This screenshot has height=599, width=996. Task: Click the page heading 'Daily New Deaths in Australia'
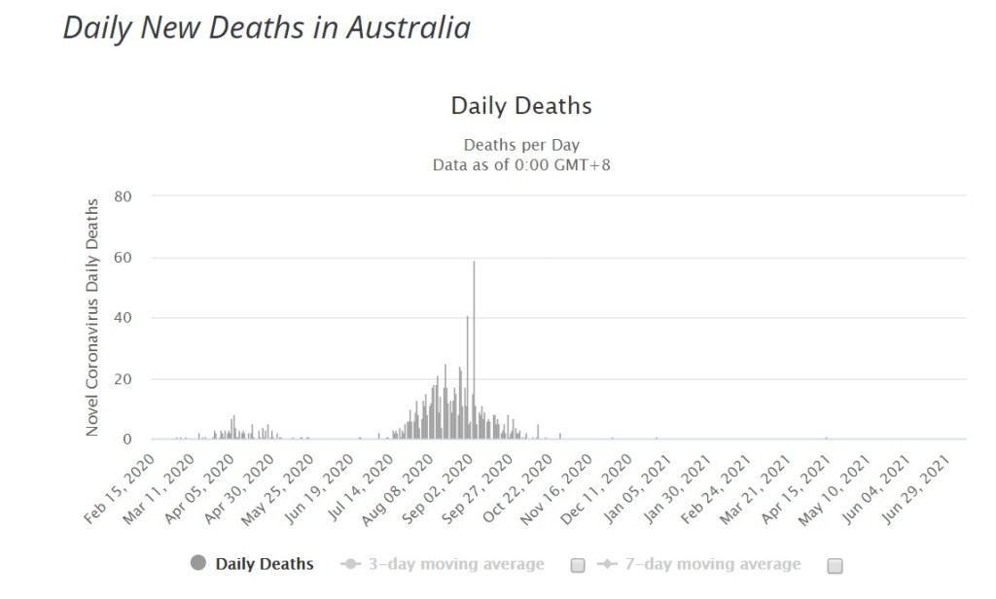(x=267, y=27)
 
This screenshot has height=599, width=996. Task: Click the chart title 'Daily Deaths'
(x=521, y=105)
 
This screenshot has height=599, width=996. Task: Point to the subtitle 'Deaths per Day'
(x=521, y=146)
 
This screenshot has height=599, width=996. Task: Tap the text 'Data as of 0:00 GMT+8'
(x=521, y=165)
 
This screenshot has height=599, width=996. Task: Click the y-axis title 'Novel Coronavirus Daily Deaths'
(x=92, y=317)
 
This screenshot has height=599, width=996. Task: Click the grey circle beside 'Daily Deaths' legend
(x=198, y=563)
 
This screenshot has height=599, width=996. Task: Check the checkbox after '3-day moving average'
(x=578, y=565)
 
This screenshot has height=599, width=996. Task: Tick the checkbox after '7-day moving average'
(x=835, y=565)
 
